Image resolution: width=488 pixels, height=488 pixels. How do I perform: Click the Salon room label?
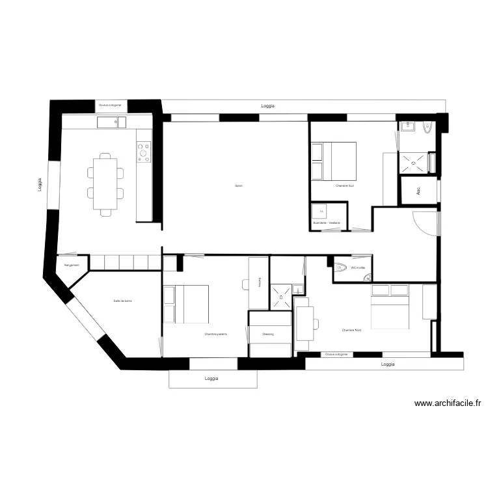pos(239,186)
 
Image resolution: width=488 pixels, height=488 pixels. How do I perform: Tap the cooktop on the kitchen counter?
pos(143,152)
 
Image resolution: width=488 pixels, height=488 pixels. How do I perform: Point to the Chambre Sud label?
pos(345,185)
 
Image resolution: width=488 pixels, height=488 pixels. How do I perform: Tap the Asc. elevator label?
pos(418,191)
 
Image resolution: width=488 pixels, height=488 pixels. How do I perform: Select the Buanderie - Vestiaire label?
pos(327,223)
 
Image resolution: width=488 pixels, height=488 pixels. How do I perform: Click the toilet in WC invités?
pos(341,267)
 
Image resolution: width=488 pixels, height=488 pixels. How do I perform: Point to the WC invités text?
pos(359,267)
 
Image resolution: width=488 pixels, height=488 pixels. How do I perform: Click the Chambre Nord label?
pos(351,331)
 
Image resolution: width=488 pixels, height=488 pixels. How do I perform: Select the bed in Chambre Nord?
pos(389,306)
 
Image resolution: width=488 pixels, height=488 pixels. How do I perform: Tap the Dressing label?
pos(268,334)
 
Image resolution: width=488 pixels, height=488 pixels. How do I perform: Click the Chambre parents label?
pos(215,334)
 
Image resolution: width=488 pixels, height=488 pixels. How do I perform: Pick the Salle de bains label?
pos(122,301)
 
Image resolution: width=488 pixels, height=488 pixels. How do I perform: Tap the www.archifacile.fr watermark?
pos(447,403)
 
